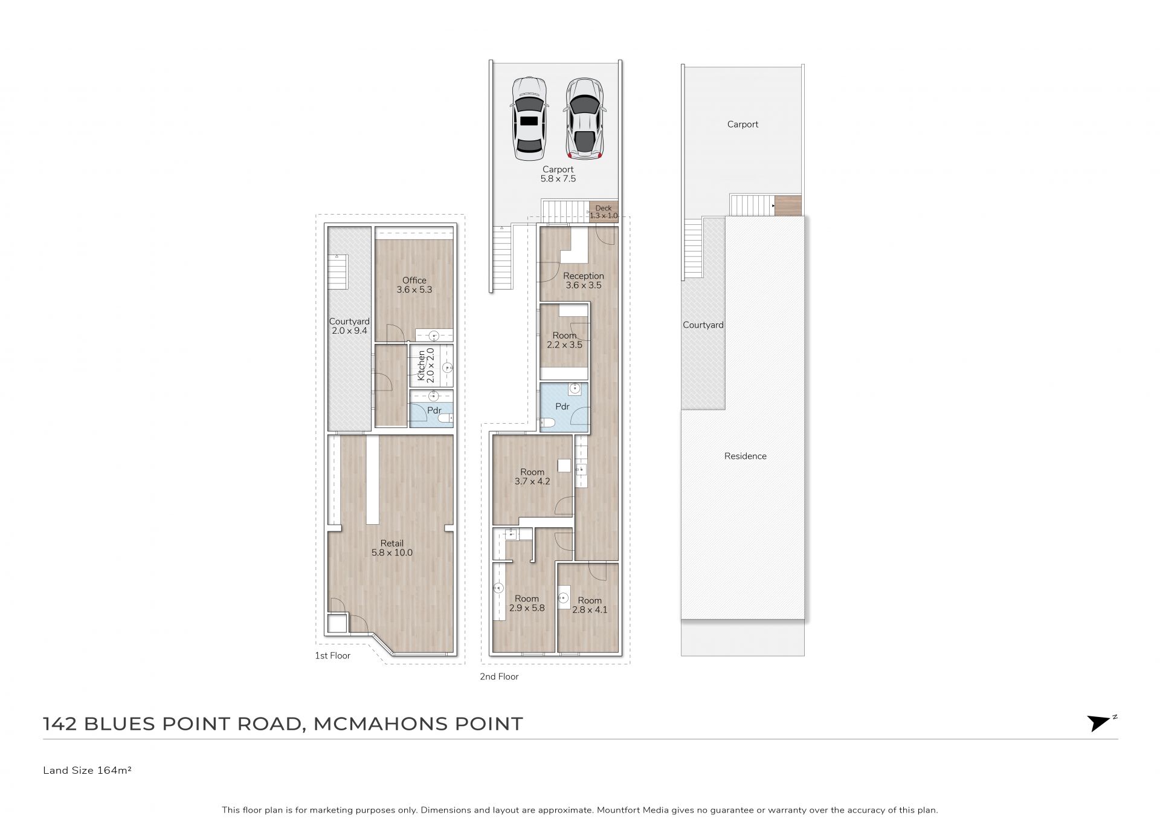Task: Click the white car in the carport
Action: pos(529,118)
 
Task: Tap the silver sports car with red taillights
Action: pos(584,118)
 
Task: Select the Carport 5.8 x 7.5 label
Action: pos(558,174)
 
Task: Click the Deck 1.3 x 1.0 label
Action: pos(604,212)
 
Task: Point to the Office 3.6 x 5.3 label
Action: pos(414,285)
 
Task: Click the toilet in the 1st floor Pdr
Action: pos(446,419)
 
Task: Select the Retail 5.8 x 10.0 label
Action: pos(392,548)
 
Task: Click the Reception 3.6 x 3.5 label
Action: pos(584,281)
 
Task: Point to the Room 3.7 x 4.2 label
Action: pos(532,476)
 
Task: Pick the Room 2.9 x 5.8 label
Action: pos(527,603)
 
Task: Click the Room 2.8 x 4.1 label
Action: pos(590,605)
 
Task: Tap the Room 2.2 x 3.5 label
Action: pos(565,340)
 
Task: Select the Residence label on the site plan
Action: pos(746,456)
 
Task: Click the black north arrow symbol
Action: pos(1100,723)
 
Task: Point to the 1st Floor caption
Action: pos(332,655)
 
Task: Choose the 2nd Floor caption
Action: pos(499,676)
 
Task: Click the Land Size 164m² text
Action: pos(88,770)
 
